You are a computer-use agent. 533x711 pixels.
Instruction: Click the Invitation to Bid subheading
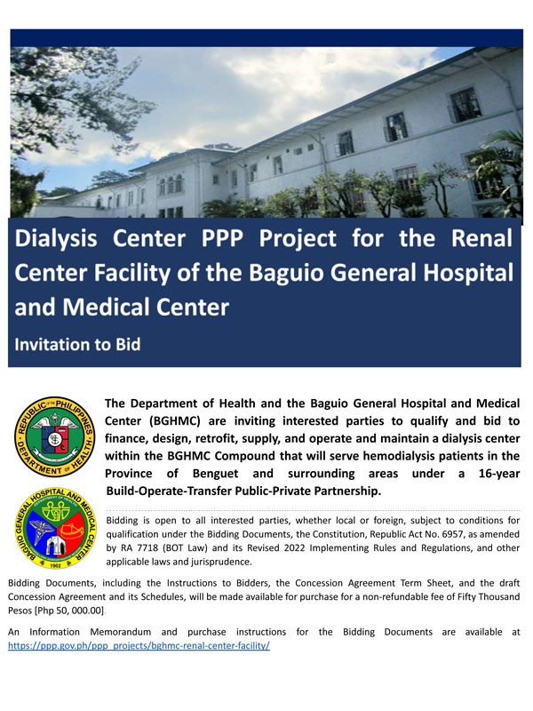click(77, 345)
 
